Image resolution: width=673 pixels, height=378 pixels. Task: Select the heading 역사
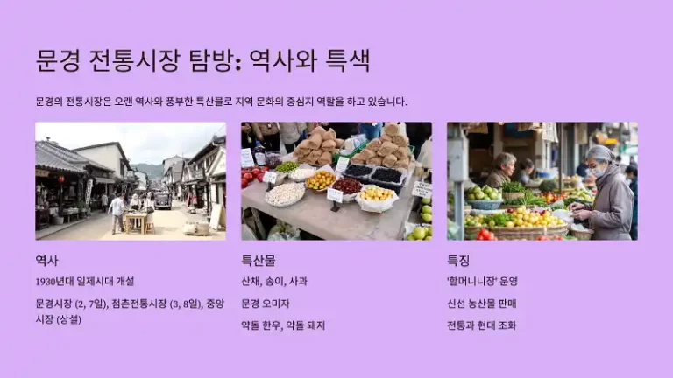pos(47,260)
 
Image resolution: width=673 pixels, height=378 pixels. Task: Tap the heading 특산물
pos(259,260)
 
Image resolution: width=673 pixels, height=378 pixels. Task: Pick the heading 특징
pos(458,260)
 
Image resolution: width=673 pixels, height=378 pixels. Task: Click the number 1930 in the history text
pos(46,282)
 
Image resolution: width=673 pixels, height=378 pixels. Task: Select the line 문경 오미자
pos(265,304)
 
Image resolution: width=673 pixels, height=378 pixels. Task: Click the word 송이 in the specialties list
pos(274,282)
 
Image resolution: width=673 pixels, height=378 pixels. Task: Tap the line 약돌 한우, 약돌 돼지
pos(282,325)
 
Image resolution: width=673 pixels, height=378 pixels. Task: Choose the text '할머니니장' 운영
pos(482,282)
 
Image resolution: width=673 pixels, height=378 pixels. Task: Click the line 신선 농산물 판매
pos(481,304)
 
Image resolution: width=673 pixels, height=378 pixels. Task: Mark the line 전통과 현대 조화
pos(481,325)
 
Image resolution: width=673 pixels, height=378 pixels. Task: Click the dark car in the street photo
pos(163,201)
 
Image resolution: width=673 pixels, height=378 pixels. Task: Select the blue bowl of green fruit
pos(485,197)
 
